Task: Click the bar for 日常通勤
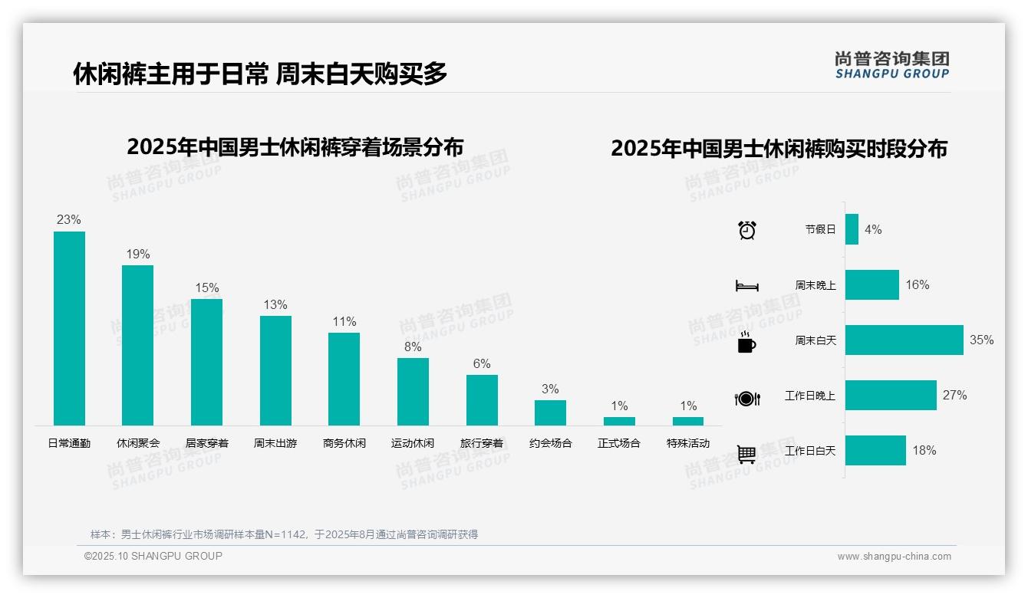tap(69, 328)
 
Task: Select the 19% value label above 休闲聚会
tap(138, 255)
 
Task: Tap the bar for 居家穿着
tap(206, 362)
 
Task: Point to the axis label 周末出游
tap(275, 443)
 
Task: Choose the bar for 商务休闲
tap(344, 379)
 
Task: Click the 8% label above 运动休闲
tap(413, 347)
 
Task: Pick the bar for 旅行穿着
tap(482, 400)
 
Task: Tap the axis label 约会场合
tap(550, 443)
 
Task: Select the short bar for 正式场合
tap(619, 421)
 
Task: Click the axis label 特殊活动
tap(688, 443)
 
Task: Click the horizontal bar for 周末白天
tap(904, 340)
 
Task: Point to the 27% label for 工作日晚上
tap(954, 396)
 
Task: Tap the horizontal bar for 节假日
tap(852, 229)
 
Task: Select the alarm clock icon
tap(746, 230)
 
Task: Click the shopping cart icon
tap(746, 454)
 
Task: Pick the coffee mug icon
tap(746, 342)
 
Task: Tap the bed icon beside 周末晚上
tap(746, 286)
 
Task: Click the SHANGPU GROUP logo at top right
tap(891, 65)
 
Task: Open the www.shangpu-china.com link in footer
tap(894, 557)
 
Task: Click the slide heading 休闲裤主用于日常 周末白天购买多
tap(260, 74)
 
